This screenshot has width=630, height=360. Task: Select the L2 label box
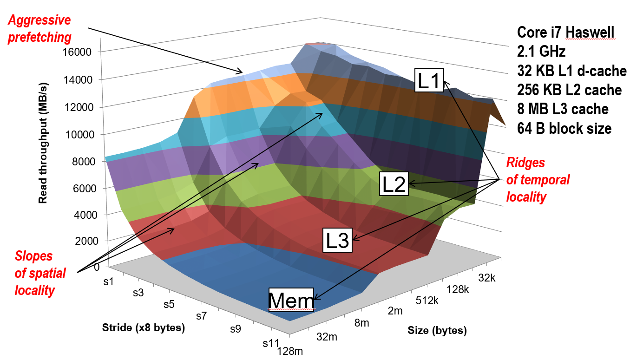(x=394, y=184)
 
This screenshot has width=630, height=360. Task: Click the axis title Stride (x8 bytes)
(x=144, y=328)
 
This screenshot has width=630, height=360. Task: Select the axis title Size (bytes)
(x=437, y=331)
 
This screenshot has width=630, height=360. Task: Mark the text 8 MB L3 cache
(x=563, y=109)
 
